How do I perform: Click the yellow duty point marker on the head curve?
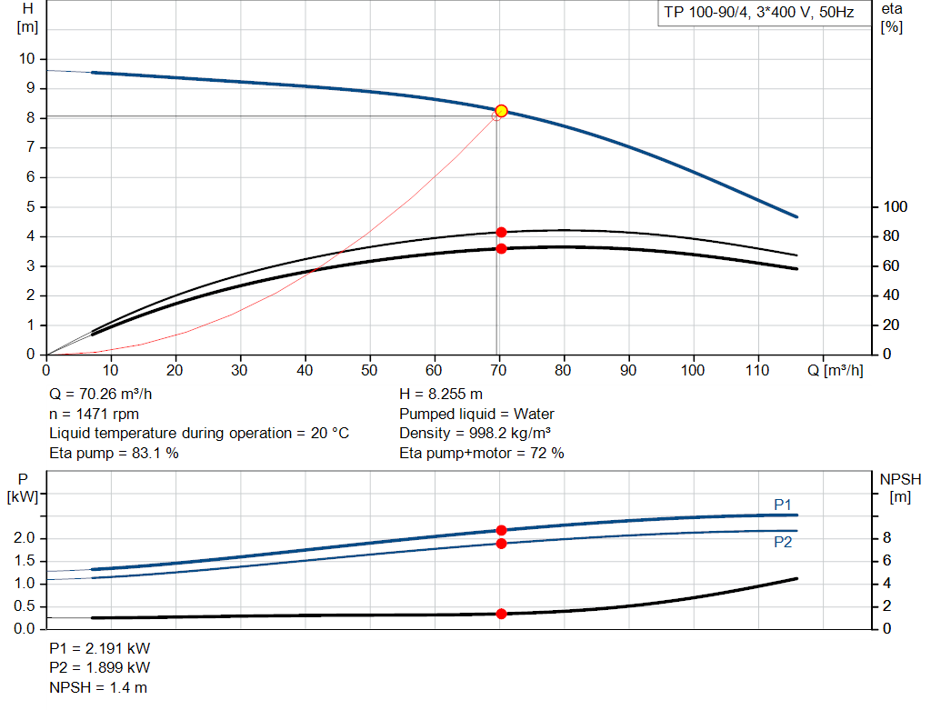point(501,111)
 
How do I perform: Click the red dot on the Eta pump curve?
point(501,233)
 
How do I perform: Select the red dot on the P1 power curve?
point(501,530)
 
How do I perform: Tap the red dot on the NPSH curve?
point(501,614)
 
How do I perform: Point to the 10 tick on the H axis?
point(26,59)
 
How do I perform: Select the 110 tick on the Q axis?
point(757,370)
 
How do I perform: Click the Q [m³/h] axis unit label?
point(834,370)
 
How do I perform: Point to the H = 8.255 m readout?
point(441,395)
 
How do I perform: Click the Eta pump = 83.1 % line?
point(114,453)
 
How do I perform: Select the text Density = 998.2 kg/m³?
point(475,434)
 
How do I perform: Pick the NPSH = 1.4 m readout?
point(98,687)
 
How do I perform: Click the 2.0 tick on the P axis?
point(25,538)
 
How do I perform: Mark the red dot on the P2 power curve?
point(501,544)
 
